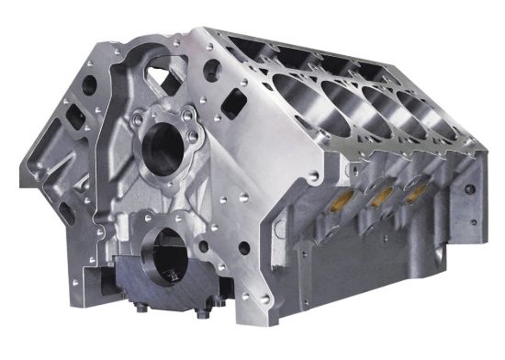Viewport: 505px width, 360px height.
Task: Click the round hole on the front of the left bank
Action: (89, 85)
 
